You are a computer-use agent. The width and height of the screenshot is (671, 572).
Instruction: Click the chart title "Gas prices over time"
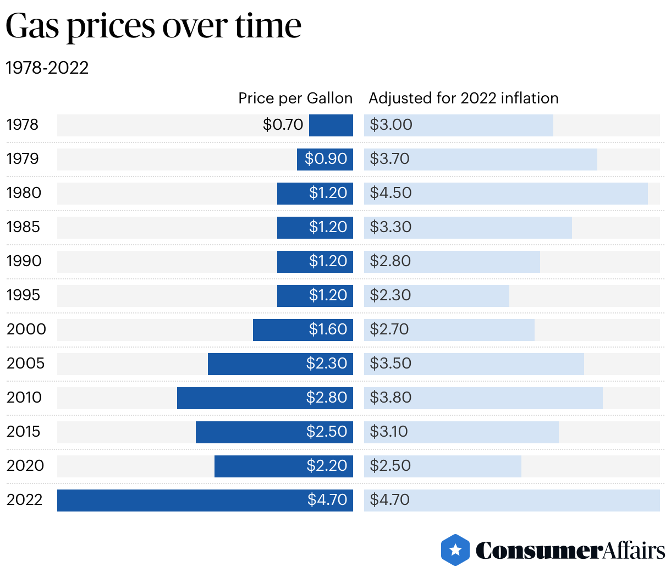click(x=153, y=26)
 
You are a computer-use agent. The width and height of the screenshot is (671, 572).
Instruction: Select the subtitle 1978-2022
click(x=47, y=68)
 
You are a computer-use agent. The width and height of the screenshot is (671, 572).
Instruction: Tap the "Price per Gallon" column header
click(x=295, y=98)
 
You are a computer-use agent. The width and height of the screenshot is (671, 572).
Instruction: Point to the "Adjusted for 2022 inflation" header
click(x=463, y=98)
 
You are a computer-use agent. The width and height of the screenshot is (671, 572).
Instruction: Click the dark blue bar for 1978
click(x=331, y=125)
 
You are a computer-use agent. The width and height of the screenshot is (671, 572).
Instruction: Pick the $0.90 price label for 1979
click(x=326, y=159)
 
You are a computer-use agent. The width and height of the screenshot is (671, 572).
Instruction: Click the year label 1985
click(x=23, y=227)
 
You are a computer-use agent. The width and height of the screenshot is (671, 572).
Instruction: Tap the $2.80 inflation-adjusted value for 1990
click(x=390, y=261)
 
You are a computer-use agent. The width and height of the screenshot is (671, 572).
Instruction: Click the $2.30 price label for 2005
click(x=327, y=364)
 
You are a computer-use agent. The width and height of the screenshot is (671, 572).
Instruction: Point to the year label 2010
click(x=24, y=398)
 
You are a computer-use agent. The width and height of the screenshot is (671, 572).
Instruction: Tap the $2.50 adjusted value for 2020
click(x=390, y=466)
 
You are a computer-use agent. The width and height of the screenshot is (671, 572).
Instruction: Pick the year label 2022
click(x=24, y=500)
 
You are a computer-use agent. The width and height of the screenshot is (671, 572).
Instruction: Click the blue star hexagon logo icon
click(x=455, y=550)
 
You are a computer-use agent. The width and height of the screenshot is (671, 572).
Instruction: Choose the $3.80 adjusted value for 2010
click(x=391, y=398)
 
